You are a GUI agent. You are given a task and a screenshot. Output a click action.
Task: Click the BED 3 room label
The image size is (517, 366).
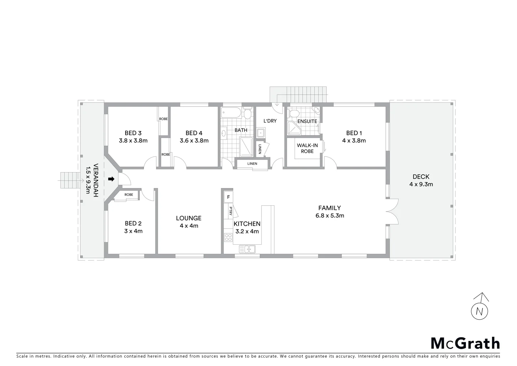tap(133, 133)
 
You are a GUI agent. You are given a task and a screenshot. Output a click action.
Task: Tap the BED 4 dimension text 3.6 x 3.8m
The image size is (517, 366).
tap(194, 141)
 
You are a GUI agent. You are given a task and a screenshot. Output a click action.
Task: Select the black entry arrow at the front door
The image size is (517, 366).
tap(111, 179)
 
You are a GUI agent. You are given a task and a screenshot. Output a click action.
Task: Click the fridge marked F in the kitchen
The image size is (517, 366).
tap(228, 197)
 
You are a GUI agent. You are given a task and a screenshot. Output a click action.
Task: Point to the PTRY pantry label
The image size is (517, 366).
tap(230, 211)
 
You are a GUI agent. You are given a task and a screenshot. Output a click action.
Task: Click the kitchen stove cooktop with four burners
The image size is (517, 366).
tap(228, 238)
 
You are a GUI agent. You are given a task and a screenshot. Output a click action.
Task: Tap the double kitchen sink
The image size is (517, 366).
tap(247, 249)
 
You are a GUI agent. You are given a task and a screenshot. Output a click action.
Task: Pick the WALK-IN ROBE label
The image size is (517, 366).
tap(307, 148)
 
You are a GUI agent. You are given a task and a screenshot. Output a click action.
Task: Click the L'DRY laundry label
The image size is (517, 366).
tap(270, 121)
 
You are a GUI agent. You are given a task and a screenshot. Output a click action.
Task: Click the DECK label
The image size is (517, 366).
tap(421, 177)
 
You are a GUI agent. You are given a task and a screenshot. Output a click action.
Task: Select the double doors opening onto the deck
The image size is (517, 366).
tap(392, 212)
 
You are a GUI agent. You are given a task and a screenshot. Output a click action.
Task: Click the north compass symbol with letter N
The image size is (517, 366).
tap(479, 310)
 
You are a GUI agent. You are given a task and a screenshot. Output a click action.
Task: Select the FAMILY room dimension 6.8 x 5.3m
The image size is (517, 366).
tap(330, 216)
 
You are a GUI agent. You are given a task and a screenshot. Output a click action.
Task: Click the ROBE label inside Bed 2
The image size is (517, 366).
tap(129, 195)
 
